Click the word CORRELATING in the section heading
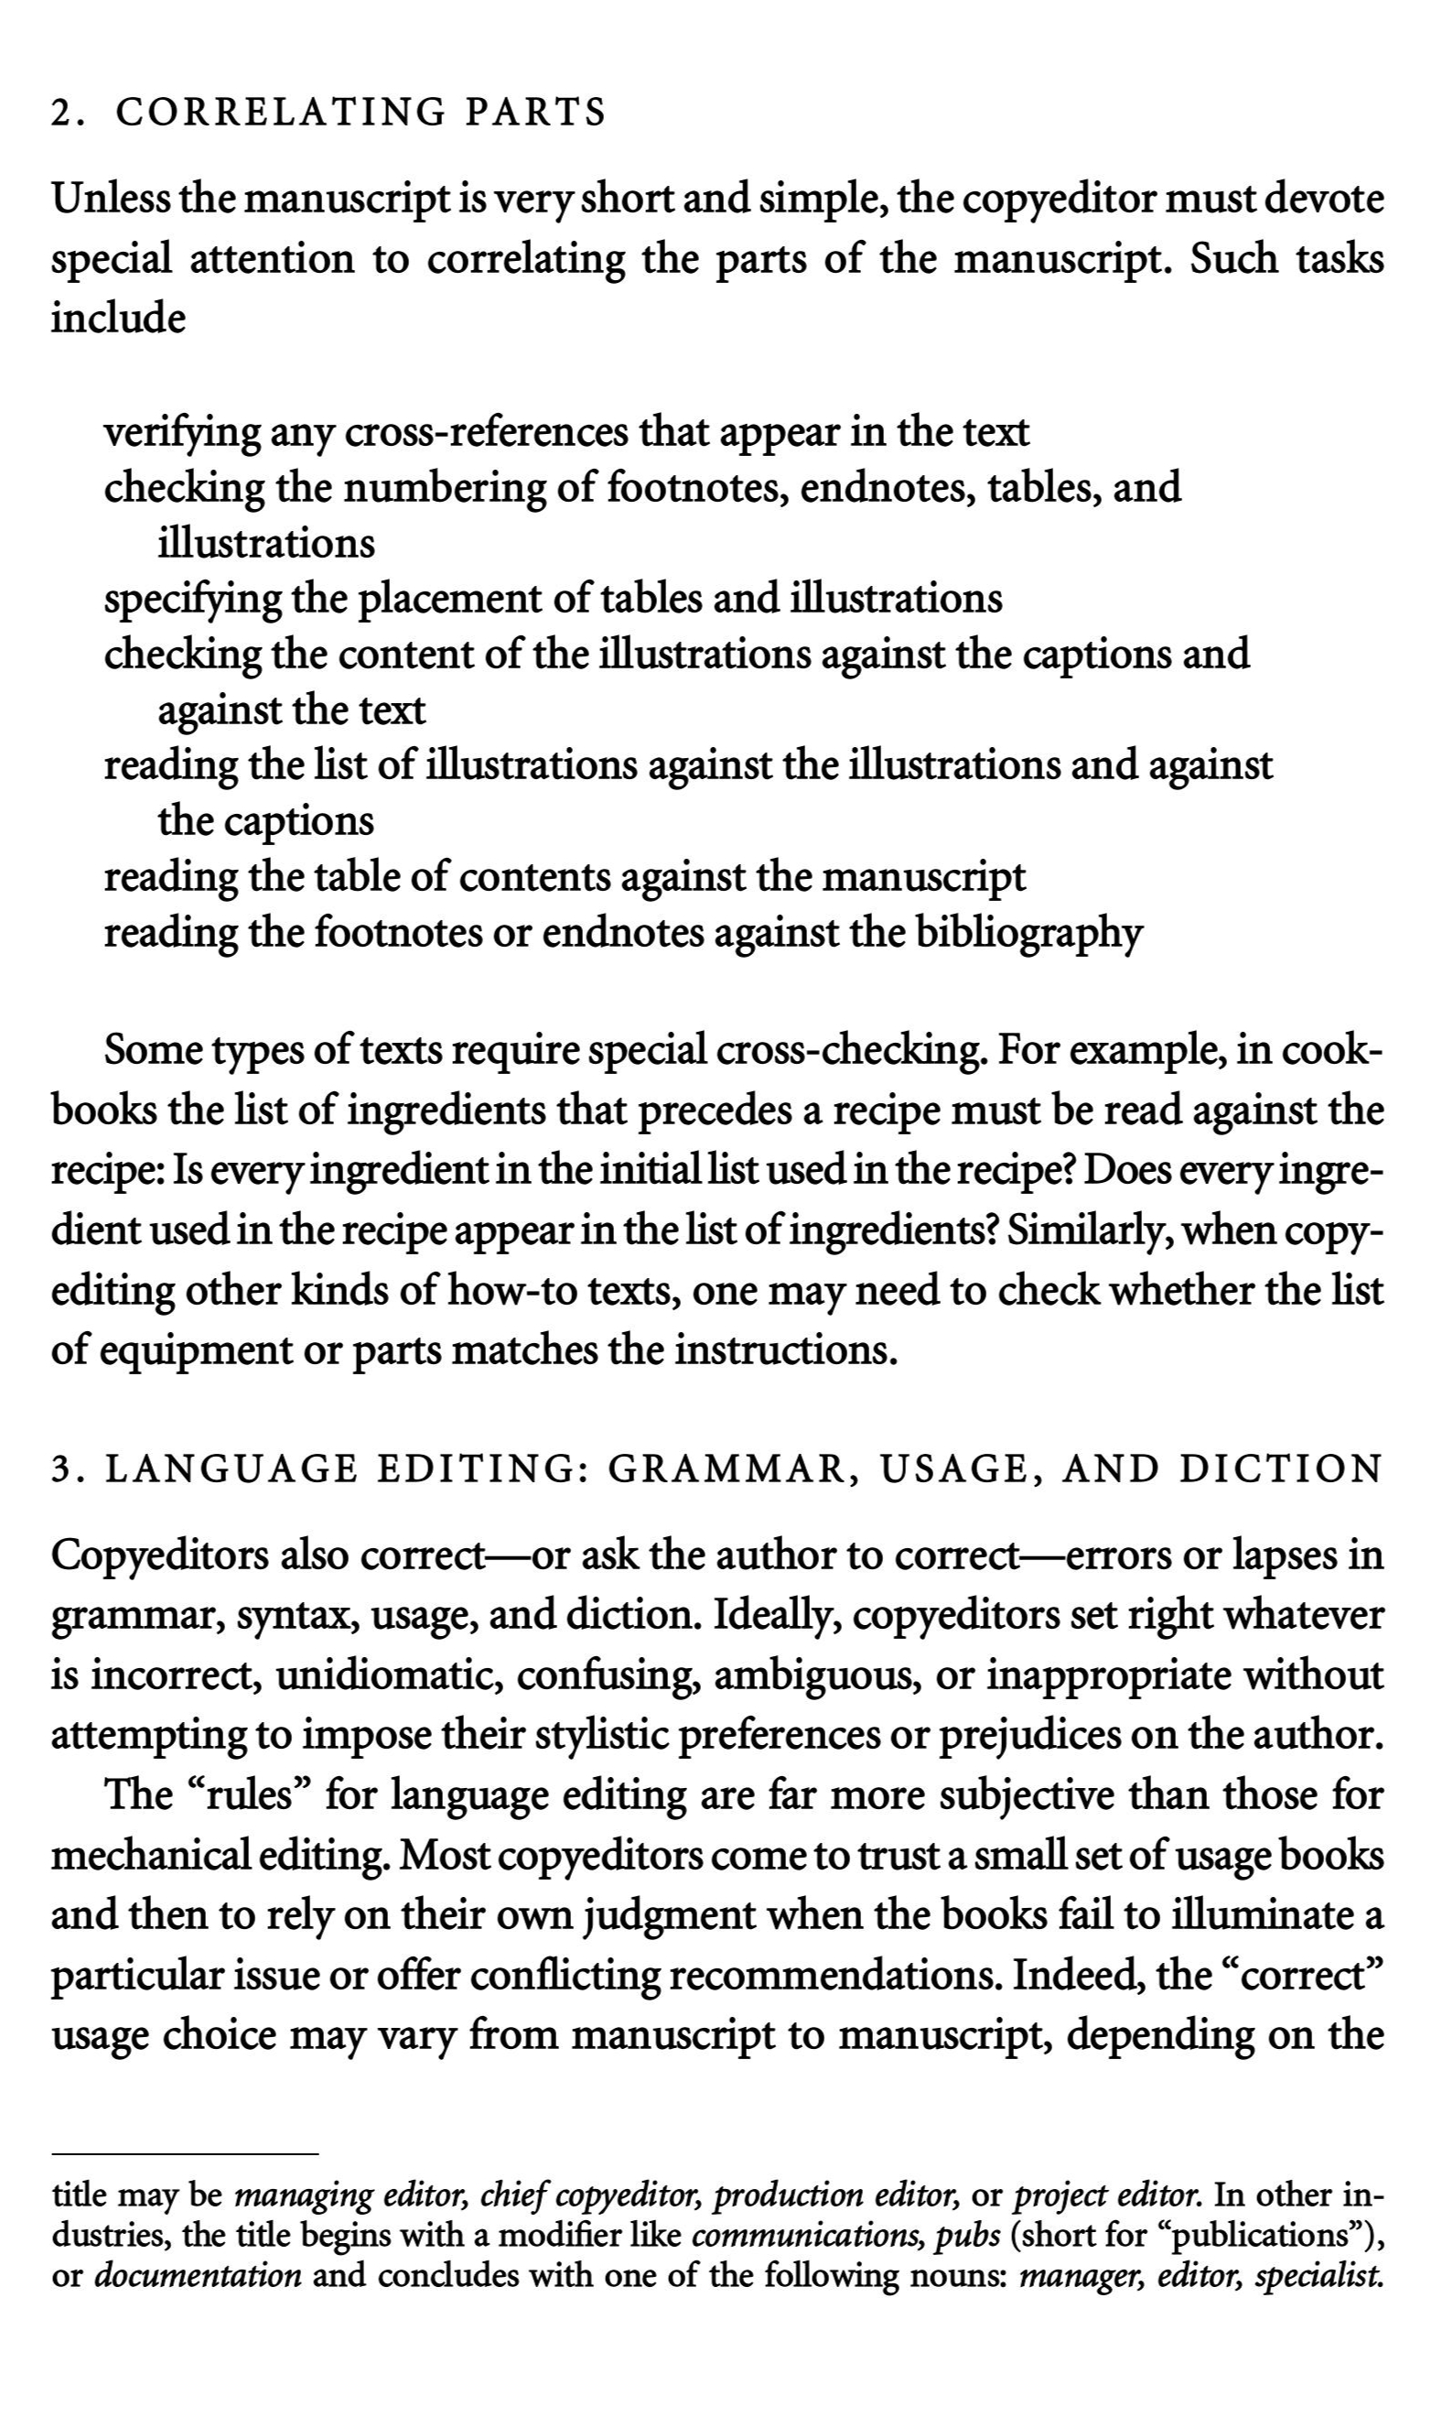click(x=280, y=113)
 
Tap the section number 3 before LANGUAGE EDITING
click(x=60, y=1469)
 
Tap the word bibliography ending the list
click(x=1028, y=933)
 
